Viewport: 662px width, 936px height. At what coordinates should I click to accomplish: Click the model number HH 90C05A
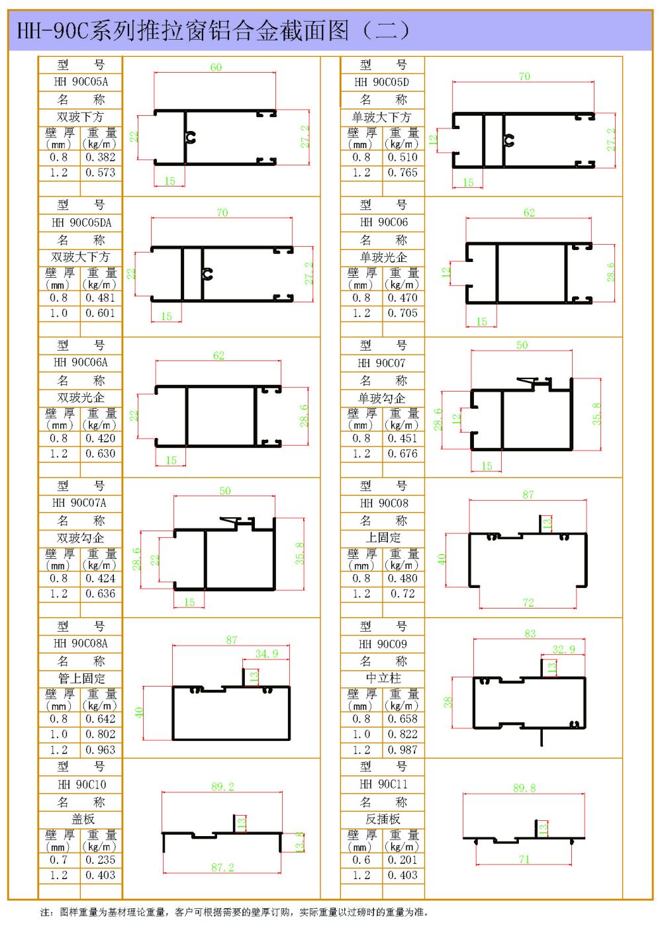pos(81,82)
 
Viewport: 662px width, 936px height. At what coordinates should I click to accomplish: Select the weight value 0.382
pos(100,157)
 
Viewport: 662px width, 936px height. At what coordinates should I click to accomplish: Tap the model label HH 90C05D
pos(382,82)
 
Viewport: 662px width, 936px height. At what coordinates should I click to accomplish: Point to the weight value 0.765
pos(402,173)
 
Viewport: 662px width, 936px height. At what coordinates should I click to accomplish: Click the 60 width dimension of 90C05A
pos(216,67)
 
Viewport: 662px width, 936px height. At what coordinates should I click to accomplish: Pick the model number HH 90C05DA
pos(81,222)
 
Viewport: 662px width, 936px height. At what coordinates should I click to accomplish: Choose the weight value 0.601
pos(100,313)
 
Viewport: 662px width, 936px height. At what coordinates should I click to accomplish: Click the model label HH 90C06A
pos(81,362)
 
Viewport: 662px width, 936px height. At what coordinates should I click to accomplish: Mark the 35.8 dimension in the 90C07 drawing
pos(596,413)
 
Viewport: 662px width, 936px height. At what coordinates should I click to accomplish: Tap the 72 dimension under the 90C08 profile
pos(528,603)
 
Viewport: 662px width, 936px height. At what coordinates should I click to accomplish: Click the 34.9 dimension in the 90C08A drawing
pos(267,654)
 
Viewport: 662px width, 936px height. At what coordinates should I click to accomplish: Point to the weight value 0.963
pos(100,750)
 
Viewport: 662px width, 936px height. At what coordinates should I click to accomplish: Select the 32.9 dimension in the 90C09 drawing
pos(563,650)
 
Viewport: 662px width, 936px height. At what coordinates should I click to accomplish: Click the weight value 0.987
pos(402,750)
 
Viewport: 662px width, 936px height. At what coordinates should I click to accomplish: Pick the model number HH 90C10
pos(81,785)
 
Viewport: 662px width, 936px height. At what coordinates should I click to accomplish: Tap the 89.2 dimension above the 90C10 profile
pos(222,787)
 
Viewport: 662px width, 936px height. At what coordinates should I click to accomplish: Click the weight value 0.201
pos(402,860)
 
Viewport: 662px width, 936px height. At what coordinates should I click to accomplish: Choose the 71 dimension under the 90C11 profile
pos(524,859)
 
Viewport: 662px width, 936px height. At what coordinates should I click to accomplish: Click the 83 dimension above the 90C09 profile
pos(530,634)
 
